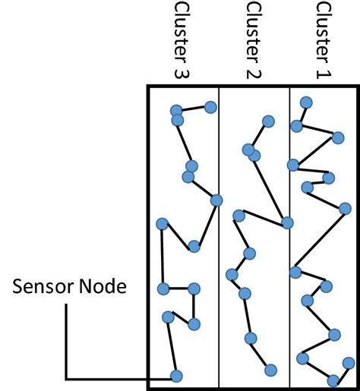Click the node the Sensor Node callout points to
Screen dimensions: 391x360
pyautogui.click(x=176, y=375)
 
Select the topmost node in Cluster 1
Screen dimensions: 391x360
pyautogui.click(x=306, y=102)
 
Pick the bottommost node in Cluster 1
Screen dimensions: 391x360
pyautogui.click(x=333, y=380)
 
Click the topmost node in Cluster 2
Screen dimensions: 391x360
pyautogui.click(x=267, y=121)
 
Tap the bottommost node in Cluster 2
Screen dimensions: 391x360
pyautogui.click(x=271, y=370)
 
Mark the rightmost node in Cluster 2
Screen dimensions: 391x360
pyautogui.click(x=287, y=222)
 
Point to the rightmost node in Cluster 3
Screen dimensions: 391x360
pyautogui.click(x=216, y=200)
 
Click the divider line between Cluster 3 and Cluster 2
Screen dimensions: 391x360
pyautogui.click(x=219, y=304)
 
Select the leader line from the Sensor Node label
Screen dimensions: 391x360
pyautogui.click(x=68, y=342)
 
